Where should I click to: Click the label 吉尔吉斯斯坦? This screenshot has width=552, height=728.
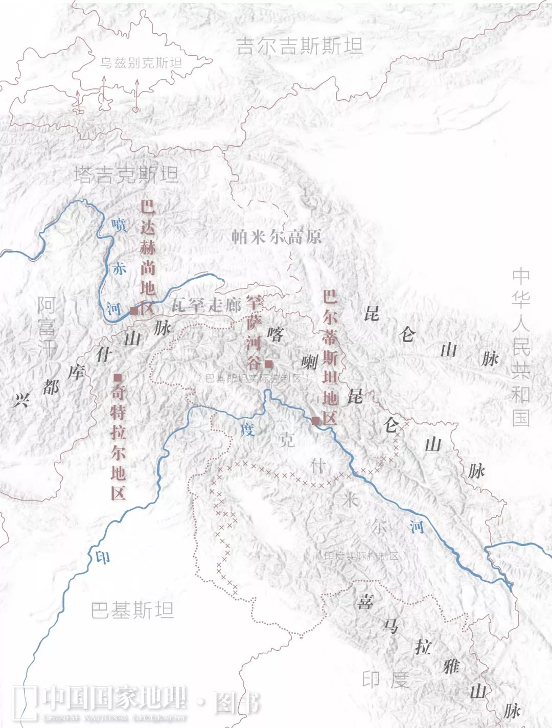coord(299,46)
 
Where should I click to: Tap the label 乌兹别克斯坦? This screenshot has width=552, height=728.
coord(141,63)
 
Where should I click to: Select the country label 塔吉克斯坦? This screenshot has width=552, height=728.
coord(126,175)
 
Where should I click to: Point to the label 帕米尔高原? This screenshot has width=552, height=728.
coord(277,237)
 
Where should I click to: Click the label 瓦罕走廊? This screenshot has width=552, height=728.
coord(206,306)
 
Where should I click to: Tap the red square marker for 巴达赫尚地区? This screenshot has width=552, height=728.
coord(134,310)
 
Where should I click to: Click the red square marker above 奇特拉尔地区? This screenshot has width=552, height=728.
coord(118,377)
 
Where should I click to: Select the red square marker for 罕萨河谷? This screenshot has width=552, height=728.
coord(268,365)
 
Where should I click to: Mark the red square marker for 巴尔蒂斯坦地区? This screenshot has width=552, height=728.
coord(315,421)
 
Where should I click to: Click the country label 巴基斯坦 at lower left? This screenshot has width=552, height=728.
coord(132,610)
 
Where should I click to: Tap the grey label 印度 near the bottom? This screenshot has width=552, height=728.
coord(385,679)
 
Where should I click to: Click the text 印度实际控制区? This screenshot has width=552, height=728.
coord(361,556)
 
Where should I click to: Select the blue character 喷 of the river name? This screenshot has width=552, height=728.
coord(119,224)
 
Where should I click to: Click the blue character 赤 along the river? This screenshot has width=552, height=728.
coord(119,268)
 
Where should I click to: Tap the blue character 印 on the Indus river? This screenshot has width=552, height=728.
coord(103,557)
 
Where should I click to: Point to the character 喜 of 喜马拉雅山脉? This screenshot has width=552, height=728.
coord(365,602)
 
